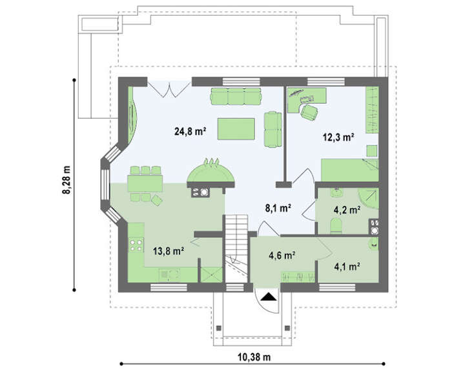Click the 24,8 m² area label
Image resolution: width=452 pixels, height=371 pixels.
pyautogui.click(x=190, y=132)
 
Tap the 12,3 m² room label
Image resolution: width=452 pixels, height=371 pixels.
pyautogui.click(x=338, y=137)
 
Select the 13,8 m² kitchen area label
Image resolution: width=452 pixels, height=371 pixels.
pyautogui.click(x=169, y=251)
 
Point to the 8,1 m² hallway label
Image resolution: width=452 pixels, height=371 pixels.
pyautogui.click(x=278, y=208)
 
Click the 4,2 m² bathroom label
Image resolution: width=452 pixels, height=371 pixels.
pyautogui.click(x=347, y=210)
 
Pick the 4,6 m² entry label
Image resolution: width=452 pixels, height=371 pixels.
pyautogui.click(x=282, y=256)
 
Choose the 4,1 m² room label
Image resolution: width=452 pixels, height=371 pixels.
pyautogui.click(x=347, y=266)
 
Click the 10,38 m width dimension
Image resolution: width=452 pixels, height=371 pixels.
pyautogui.click(x=254, y=357)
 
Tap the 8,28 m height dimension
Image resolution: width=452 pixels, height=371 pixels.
pyautogui.click(x=67, y=180)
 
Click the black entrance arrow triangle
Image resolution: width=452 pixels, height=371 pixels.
pyautogui.click(x=269, y=297)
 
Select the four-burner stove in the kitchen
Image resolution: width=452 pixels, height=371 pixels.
pyautogui.click(x=136, y=245)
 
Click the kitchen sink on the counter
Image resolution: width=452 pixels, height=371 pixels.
pyautogui.click(x=170, y=274)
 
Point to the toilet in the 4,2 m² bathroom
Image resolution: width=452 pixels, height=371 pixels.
pyautogui.click(x=336, y=225)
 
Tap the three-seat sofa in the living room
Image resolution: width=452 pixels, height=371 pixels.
pyautogui.click(x=236, y=96)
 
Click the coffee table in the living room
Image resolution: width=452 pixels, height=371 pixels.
pyautogui.click(x=236, y=129)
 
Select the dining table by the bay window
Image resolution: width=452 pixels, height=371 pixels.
pyautogui.click(x=145, y=183)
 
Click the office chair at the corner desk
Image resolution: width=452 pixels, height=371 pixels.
pyautogui.click(x=309, y=112)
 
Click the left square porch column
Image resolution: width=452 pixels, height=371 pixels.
pyautogui.click(x=219, y=328)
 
